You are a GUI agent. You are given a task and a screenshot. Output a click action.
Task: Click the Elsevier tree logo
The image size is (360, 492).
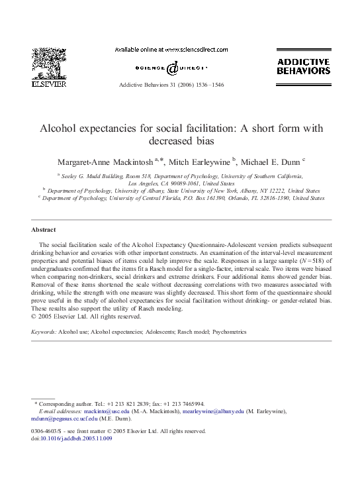coord(50,63)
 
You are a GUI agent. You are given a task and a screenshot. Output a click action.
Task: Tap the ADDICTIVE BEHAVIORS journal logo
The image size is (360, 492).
coord(302,66)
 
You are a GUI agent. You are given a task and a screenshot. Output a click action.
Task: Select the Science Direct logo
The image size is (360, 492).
coord(171,68)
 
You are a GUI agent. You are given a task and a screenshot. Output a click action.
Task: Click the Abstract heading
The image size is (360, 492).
coord(43,230)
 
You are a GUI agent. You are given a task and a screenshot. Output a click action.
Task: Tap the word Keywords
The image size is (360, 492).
coord(44,330)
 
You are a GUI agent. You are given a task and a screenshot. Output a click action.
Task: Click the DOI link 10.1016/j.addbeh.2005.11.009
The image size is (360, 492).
coord(75,438)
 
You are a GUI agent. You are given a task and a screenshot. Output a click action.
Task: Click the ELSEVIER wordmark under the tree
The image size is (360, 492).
coord(50,84)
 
